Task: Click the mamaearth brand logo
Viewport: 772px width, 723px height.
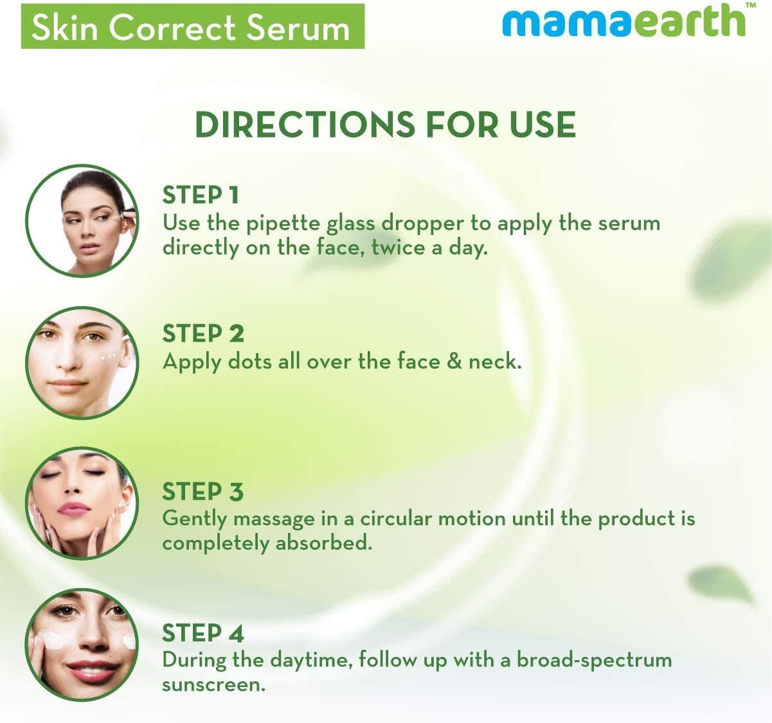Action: click(x=624, y=22)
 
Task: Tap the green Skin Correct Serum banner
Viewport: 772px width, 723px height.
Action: click(x=192, y=27)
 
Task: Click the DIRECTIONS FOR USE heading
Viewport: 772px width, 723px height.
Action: click(x=385, y=125)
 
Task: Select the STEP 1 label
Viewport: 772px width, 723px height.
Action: click(x=201, y=195)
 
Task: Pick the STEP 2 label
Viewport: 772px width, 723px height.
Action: click(x=203, y=334)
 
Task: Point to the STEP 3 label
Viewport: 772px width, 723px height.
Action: click(x=202, y=492)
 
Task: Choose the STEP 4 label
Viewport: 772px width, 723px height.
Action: click(x=202, y=634)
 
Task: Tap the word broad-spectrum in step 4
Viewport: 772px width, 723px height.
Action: click(x=594, y=660)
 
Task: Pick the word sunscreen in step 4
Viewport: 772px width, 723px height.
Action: click(x=213, y=685)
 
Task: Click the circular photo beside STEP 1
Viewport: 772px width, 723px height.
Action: click(x=82, y=220)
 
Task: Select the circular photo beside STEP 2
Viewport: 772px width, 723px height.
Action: click(x=82, y=363)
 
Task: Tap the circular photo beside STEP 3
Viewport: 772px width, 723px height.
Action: click(x=82, y=503)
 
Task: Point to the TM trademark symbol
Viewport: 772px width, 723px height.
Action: click(x=749, y=6)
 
